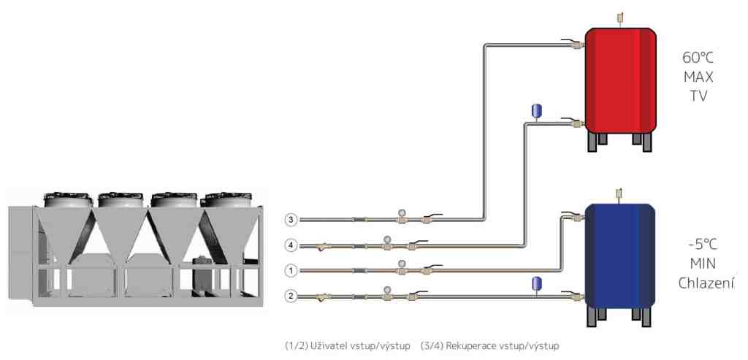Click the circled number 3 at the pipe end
click(291, 220)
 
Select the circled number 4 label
click(291, 245)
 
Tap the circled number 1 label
click(291, 271)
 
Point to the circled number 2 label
click(291, 296)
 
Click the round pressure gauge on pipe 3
click(401, 213)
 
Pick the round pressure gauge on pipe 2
click(386, 290)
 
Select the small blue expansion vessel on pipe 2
click(537, 283)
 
